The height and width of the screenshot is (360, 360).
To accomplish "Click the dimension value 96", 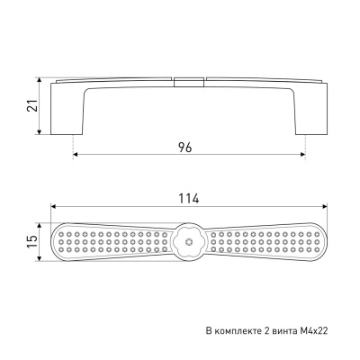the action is tap(184, 148).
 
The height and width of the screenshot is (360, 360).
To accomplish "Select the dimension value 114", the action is tap(189, 199).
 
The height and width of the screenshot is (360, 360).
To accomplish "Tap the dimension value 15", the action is tap(33, 242).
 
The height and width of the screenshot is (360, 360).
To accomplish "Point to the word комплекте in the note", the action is tap(238, 331).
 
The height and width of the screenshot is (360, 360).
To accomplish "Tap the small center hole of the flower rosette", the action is tap(189, 241).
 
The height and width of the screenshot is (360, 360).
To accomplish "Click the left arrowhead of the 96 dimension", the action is tap(76, 154).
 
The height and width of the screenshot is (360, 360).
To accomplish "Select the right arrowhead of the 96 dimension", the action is tap(303, 154).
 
